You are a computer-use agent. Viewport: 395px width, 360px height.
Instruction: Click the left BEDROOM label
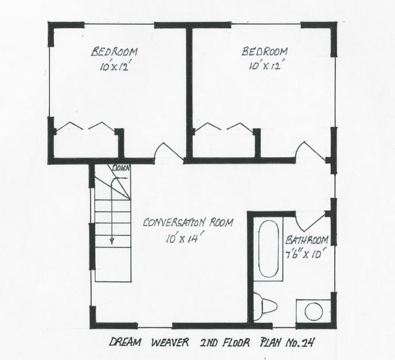coord(114,52)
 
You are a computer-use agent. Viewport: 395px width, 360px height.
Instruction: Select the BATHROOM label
coord(307,240)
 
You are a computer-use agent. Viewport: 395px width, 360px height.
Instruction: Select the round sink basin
coord(313,312)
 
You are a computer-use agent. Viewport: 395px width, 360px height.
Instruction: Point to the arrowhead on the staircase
coord(113,242)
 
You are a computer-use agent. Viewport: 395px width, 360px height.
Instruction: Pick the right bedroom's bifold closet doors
coord(225,126)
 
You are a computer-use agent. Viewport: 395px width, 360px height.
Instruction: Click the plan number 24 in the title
coord(311,343)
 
